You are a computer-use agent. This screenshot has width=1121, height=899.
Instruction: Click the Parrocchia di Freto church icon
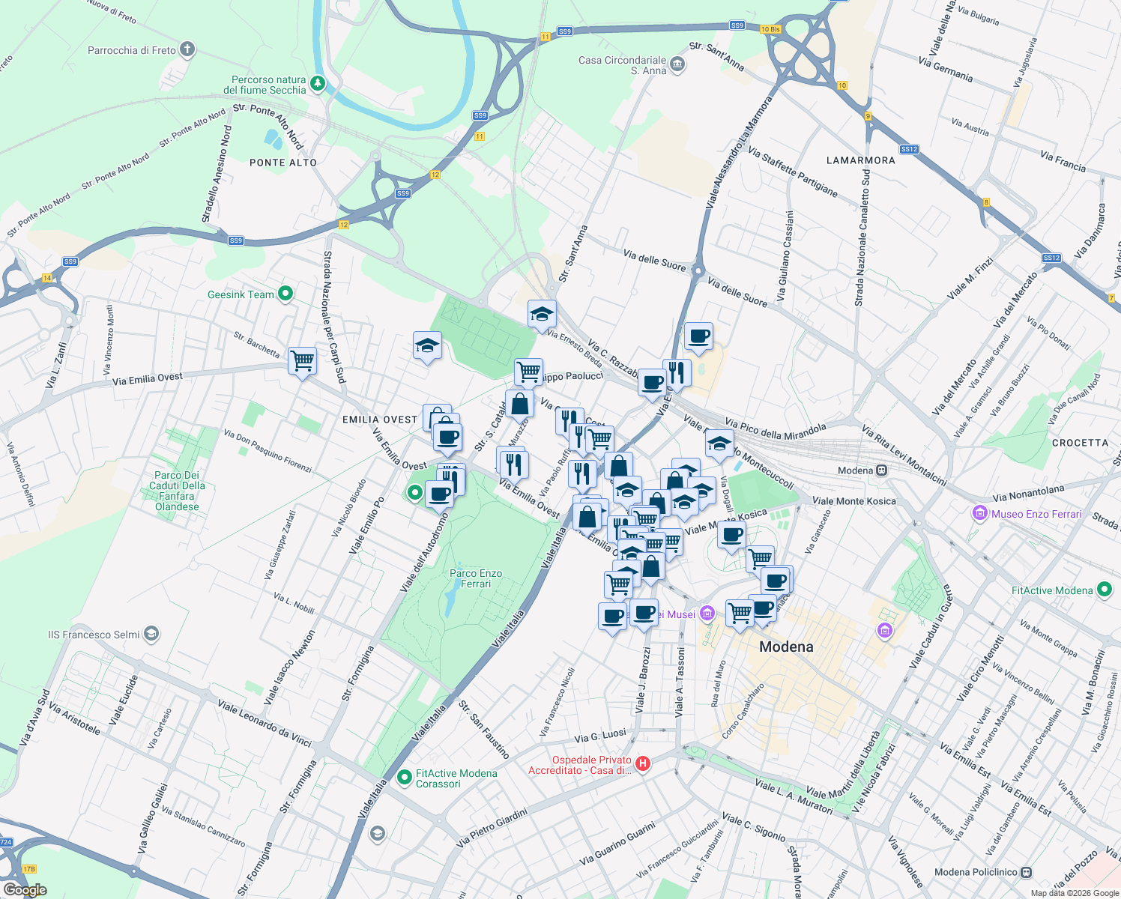187,50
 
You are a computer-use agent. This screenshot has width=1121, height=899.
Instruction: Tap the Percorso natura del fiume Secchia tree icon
318,84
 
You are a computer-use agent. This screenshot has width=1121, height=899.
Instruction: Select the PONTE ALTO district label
283,163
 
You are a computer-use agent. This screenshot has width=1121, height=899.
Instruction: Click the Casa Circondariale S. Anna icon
677,64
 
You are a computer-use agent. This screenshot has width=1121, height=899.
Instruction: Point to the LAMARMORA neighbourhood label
861,160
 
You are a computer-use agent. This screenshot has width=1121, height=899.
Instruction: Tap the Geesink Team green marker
285,294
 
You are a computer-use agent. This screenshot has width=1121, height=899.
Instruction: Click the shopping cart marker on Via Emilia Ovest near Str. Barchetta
302,360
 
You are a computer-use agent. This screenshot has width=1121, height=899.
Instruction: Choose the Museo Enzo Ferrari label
1036,514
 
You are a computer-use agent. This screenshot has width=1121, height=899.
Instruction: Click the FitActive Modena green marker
1104,590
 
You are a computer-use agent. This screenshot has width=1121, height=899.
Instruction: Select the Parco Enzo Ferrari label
476,578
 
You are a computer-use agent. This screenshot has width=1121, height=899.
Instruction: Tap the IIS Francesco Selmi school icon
151,635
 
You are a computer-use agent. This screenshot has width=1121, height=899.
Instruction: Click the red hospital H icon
642,764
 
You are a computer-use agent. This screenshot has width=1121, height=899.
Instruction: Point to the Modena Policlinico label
976,872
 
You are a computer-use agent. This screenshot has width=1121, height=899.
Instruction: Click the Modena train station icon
882,470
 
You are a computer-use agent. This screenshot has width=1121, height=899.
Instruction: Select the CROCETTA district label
1080,443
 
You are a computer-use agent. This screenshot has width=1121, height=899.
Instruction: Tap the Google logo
25,890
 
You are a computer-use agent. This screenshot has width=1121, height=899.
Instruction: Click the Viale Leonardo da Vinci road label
264,724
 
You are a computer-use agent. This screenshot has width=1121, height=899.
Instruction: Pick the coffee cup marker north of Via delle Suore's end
698,336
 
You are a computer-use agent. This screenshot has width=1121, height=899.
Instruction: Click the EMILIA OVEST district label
380,420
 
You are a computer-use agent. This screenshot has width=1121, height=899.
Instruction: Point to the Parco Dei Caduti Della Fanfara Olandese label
177,491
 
